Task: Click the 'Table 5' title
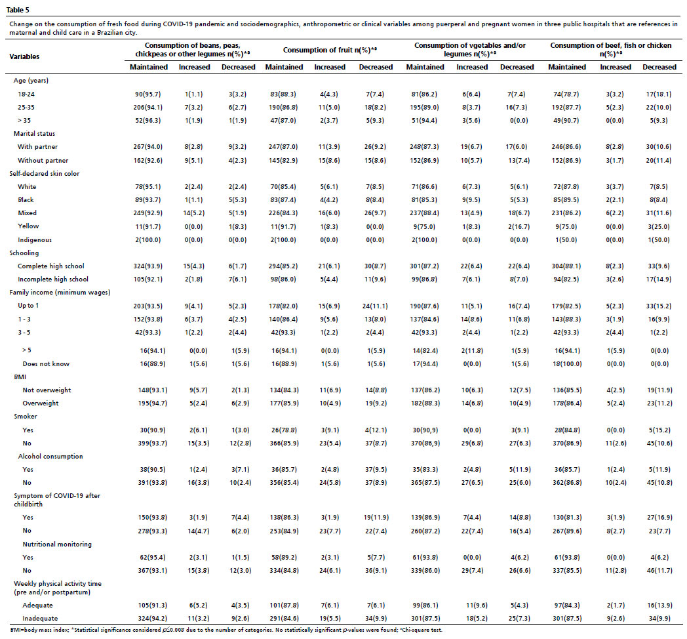18,10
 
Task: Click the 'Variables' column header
24,56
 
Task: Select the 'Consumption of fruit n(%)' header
330,50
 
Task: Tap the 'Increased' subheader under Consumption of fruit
330,67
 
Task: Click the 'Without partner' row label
43,161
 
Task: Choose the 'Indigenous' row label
35,240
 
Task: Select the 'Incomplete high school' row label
53,279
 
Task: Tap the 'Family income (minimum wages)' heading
60,293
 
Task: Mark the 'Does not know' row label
46,364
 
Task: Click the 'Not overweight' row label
47,390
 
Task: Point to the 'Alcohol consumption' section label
50,457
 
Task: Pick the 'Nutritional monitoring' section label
58,545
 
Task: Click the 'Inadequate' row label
40,619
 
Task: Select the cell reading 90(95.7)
148,94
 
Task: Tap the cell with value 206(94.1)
148,108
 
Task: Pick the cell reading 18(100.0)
568,364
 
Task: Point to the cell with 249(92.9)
148,213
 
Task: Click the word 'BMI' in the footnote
16,630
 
